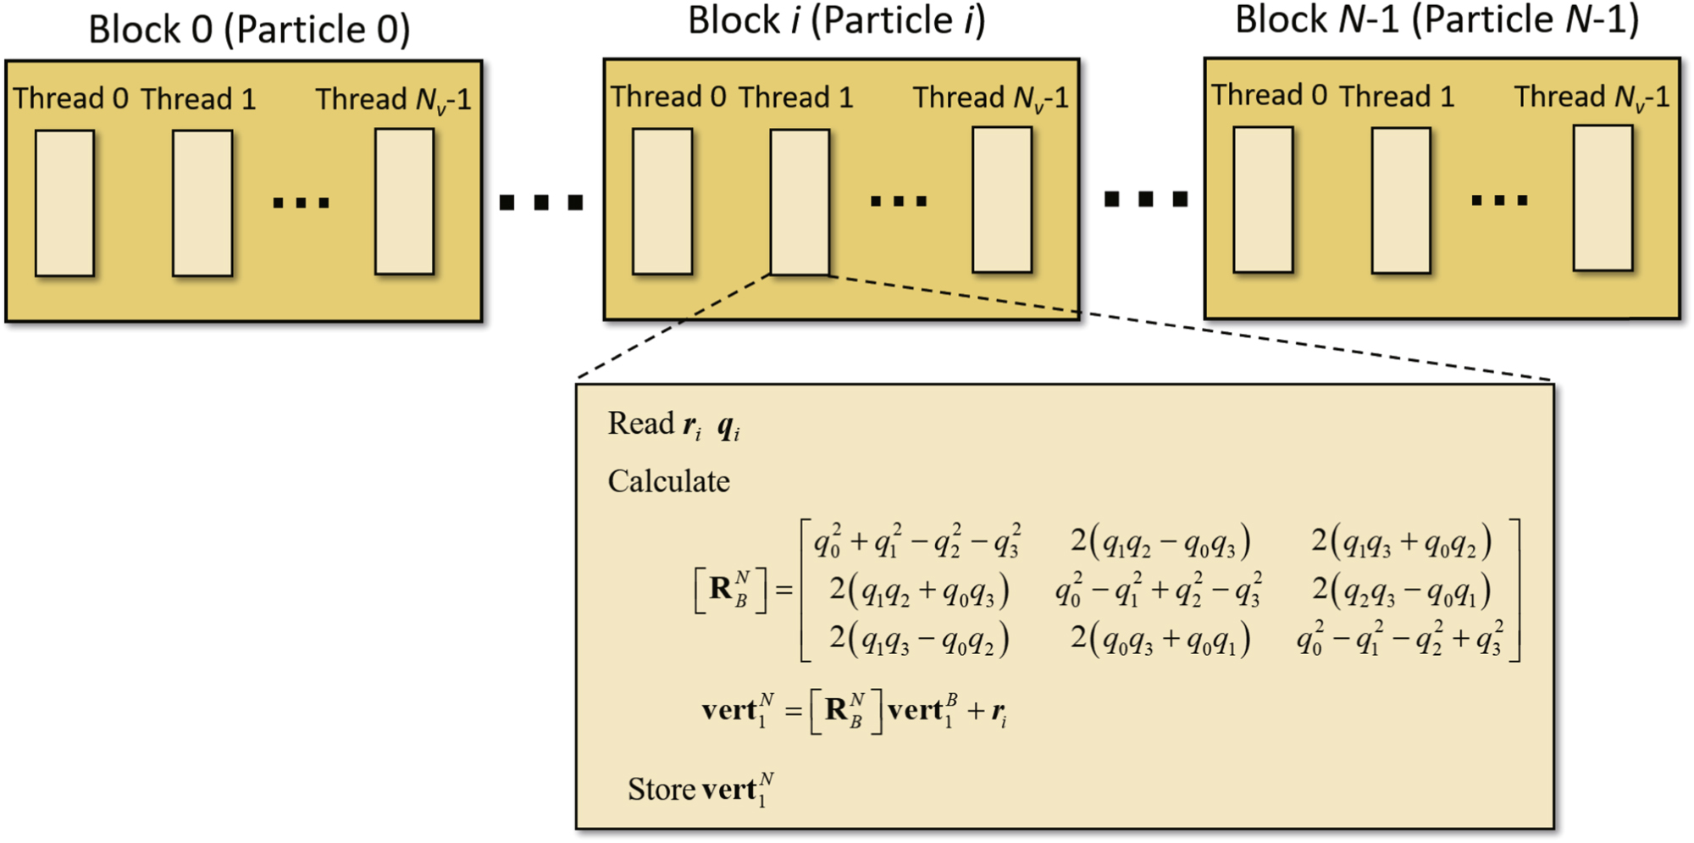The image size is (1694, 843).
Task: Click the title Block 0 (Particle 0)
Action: coord(249,31)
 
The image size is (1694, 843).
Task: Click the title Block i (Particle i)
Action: coord(836,21)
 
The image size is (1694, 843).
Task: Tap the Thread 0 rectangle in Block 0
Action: coord(64,203)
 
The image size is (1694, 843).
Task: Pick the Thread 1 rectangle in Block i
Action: coord(800,202)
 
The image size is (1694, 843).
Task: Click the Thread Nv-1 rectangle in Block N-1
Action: coord(1603,199)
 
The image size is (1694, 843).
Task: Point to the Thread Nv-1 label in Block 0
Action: coord(393,100)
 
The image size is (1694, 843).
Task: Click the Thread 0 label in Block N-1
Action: coord(1268,96)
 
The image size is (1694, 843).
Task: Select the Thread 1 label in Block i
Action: coord(795,98)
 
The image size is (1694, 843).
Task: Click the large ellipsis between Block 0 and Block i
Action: coord(541,202)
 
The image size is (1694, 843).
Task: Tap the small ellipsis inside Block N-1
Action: coord(1499,201)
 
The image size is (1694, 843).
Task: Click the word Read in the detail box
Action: coord(640,424)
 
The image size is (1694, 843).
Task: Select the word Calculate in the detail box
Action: coord(668,481)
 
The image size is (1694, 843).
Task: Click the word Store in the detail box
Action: coord(662,790)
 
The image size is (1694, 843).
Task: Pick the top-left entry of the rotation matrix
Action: coord(917,541)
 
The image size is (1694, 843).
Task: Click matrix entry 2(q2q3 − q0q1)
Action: coord(1401,591)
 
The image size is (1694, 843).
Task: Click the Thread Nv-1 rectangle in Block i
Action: coord(1002,201)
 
